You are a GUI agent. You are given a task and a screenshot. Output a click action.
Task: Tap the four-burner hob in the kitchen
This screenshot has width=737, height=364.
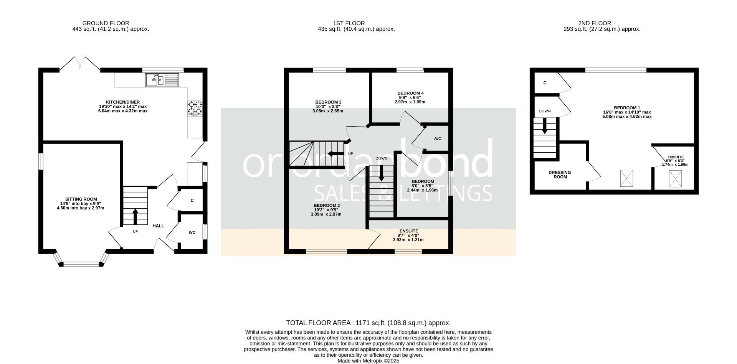pos(195,108)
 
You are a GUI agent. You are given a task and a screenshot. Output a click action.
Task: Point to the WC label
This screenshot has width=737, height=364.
pos(192,232)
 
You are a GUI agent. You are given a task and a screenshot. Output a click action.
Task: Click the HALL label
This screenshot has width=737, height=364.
pos(158,226)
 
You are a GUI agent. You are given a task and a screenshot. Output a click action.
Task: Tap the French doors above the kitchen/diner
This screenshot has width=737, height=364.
pos(80,64)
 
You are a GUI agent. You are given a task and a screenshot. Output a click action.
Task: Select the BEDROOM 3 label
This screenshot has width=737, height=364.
pos(328,102)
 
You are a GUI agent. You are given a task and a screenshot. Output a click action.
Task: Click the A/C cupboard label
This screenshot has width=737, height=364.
pos(438,138)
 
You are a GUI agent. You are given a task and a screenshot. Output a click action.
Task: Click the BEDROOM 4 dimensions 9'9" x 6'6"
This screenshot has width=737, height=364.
pos(410,97)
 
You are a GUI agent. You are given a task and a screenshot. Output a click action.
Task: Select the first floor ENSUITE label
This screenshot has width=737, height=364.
pos(409,231)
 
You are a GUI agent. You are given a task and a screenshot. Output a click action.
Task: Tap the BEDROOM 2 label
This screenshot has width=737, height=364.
pos(327,206)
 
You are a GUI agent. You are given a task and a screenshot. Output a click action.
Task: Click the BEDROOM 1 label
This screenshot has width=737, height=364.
pos(627,108)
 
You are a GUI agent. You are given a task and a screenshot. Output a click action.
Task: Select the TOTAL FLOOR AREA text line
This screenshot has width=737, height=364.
pos(368,323)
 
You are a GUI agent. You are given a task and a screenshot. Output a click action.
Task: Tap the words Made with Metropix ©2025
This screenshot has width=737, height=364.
pos(368,361)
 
